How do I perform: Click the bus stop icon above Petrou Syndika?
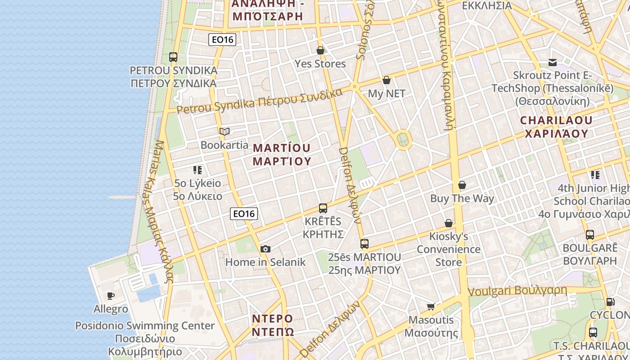173,57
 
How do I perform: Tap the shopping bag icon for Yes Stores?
320,50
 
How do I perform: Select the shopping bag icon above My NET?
386,81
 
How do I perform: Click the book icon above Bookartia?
225,132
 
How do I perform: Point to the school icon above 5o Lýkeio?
198,170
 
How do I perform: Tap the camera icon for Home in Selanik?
265,249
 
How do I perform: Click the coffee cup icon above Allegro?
111,296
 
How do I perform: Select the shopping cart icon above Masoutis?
431,306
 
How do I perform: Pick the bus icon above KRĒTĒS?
323,208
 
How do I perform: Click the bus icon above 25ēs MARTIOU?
364,244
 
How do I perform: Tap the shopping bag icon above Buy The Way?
462,185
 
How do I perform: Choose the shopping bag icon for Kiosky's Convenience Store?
449,223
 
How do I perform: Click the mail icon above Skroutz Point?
553,63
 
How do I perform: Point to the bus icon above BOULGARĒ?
590,234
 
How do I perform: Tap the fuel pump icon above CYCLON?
610,302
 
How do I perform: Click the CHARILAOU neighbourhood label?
557,127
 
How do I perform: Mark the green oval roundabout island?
403,140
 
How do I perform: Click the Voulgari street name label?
517,291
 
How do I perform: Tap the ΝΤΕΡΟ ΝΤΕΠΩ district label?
273,325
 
